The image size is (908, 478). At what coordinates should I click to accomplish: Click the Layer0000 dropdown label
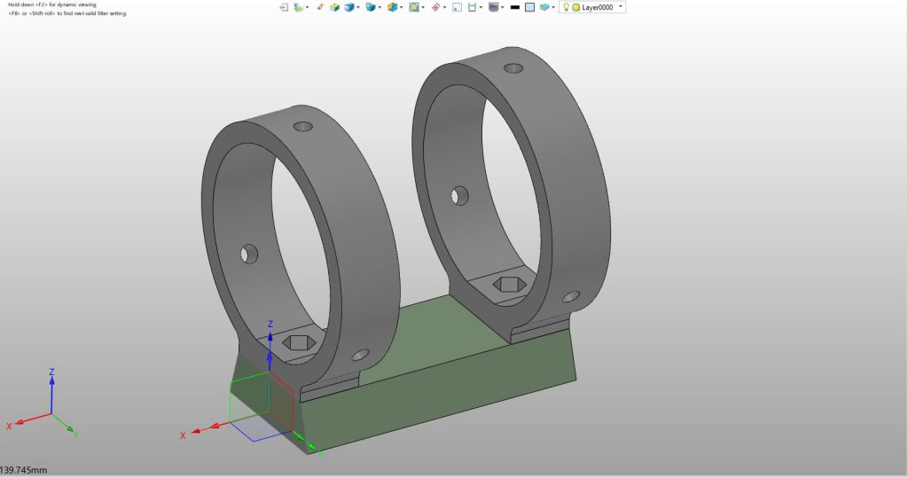(x=597, y=7)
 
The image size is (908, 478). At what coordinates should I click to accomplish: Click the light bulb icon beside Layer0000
(x=567, y=7)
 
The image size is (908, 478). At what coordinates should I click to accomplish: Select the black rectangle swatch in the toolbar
(x=515, y=7)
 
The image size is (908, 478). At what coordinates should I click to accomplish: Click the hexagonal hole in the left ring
(x=299, y=342)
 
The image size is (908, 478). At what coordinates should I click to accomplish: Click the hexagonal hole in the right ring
(x=510, y=284)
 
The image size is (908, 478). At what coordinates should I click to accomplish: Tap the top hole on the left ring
(x=303, y=126)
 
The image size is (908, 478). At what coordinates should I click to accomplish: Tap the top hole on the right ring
(x=513, y=68)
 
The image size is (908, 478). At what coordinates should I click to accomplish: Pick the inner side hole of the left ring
(x=249, y=255)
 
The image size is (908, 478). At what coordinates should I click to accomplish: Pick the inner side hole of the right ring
(x=460, y=196)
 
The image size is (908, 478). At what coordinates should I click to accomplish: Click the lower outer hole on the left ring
(x=360, y=355)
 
